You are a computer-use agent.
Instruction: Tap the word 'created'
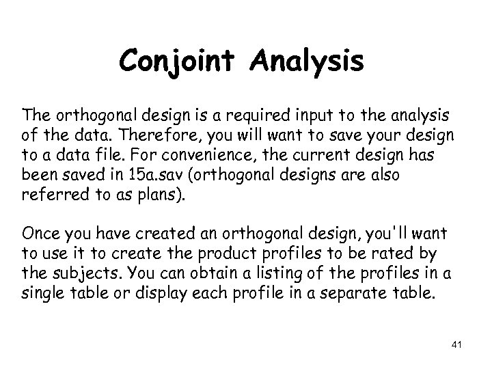coord(159,234)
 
